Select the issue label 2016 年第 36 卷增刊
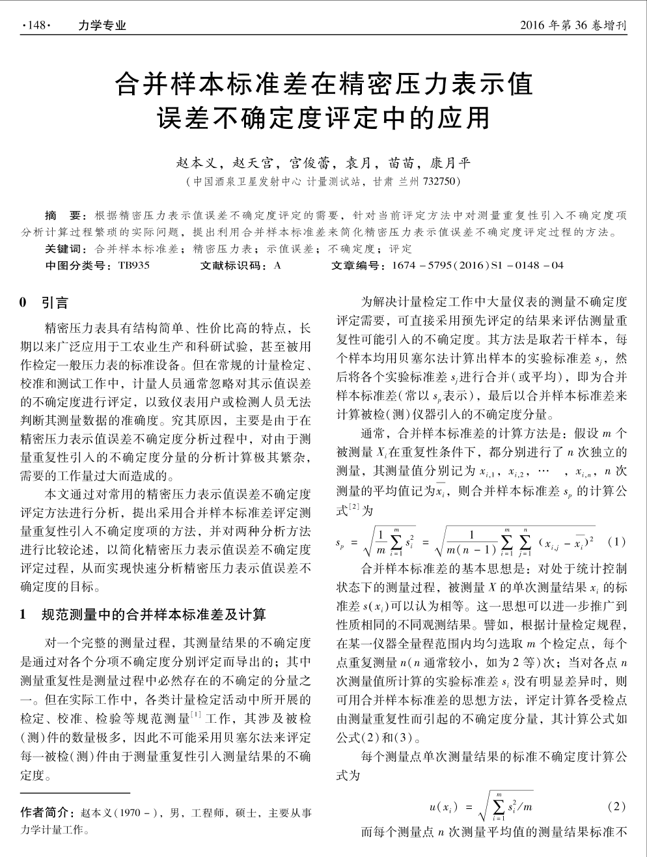click(x=573, y=26)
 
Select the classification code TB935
click(x=133, y=265)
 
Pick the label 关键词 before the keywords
click(x=64, y=249)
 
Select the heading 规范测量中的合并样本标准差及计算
click(x=154, y=614)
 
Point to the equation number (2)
click(x=615, y=806)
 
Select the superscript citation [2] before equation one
click(x=355, y=506)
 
